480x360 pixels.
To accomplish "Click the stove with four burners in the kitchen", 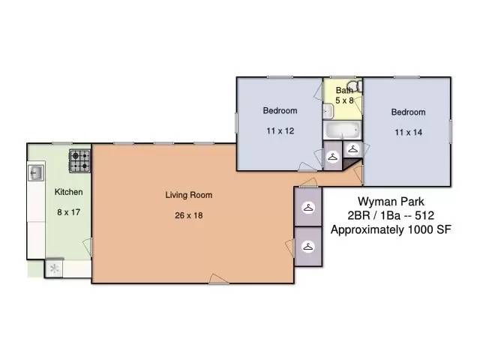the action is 80,160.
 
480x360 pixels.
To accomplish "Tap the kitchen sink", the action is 36,173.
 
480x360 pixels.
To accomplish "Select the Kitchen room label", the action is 68,192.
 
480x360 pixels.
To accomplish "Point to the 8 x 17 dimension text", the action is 68,212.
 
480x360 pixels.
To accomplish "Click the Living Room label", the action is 189,195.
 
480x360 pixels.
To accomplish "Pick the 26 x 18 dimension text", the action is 189,215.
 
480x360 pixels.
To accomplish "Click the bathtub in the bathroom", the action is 343,130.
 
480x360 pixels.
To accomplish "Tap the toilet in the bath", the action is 355,86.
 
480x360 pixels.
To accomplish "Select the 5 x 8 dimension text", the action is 344,100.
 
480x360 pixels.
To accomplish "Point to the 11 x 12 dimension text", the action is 280,131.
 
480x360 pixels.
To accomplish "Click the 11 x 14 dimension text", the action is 408,132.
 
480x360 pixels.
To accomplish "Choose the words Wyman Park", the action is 391,202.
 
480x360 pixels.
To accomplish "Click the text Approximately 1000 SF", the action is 391,229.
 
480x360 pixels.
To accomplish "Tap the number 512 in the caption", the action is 424,215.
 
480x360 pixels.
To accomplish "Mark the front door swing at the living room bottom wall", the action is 219,279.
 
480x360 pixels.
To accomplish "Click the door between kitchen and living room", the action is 88,247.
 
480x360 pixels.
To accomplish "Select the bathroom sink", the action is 328,112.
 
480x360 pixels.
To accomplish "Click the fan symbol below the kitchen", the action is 54,268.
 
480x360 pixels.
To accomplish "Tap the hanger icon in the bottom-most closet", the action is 308,247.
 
